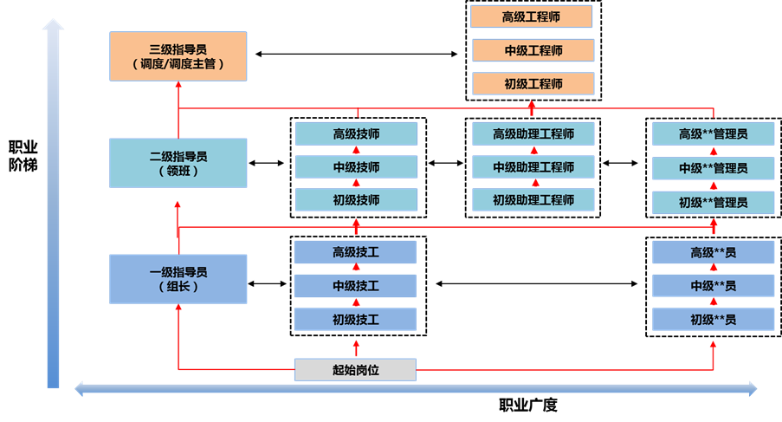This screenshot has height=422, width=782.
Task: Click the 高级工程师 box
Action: [x=532, y=16]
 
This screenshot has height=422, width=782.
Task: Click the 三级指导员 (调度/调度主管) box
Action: [x=178, y=56]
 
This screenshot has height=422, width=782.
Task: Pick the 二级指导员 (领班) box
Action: [x=178, y=163]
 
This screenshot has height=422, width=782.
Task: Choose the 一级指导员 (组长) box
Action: [x=178, y=279]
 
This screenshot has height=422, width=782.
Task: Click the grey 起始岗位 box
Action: [x=355, y=370]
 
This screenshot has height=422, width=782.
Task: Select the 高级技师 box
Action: [x=356, y=133]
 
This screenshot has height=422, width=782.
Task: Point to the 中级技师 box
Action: [x=356, y=167]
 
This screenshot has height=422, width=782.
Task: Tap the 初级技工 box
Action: [x=355, y=320]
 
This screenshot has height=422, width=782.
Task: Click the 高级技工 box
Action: [x=355, y=252]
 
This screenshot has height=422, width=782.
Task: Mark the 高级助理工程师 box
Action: [x=533, y=133]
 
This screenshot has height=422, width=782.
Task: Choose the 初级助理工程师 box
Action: [x=533, y=200]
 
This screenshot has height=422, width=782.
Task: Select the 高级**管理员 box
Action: [x=714, y=134]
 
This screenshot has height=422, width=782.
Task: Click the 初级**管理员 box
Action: [x=714, y=203]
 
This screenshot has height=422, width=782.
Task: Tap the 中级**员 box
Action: [x=714, y=286]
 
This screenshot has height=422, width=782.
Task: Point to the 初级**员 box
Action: [x=714, y=320]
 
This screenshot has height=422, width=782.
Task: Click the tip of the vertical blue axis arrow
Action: [x=54, y=23]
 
